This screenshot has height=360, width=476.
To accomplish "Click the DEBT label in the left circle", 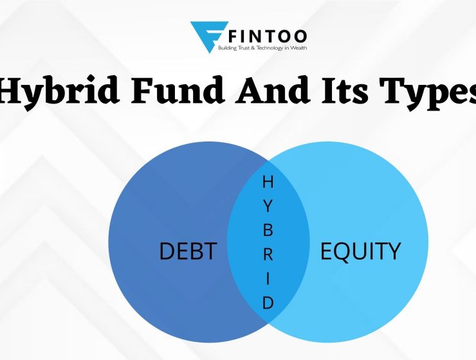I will [187, 251].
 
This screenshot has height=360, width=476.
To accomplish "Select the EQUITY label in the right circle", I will [360, 251].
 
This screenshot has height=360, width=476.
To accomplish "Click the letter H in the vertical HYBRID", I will [268, 183].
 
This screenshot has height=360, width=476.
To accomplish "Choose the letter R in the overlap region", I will [268, 253].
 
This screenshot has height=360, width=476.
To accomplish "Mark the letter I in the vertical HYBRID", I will [268, 278].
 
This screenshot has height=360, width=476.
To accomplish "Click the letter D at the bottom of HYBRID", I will [268, 303].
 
